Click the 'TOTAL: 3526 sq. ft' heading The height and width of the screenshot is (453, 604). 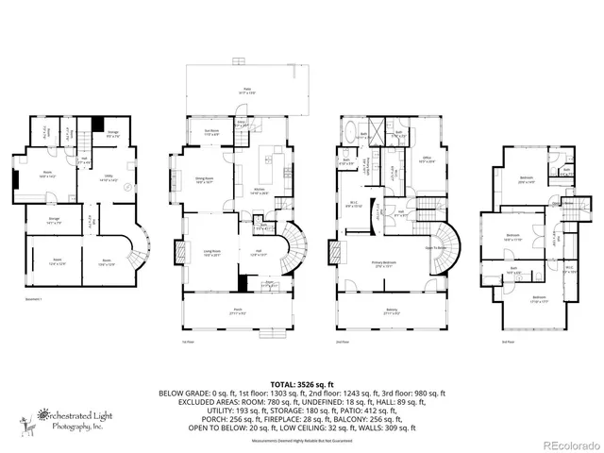(301, 385)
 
